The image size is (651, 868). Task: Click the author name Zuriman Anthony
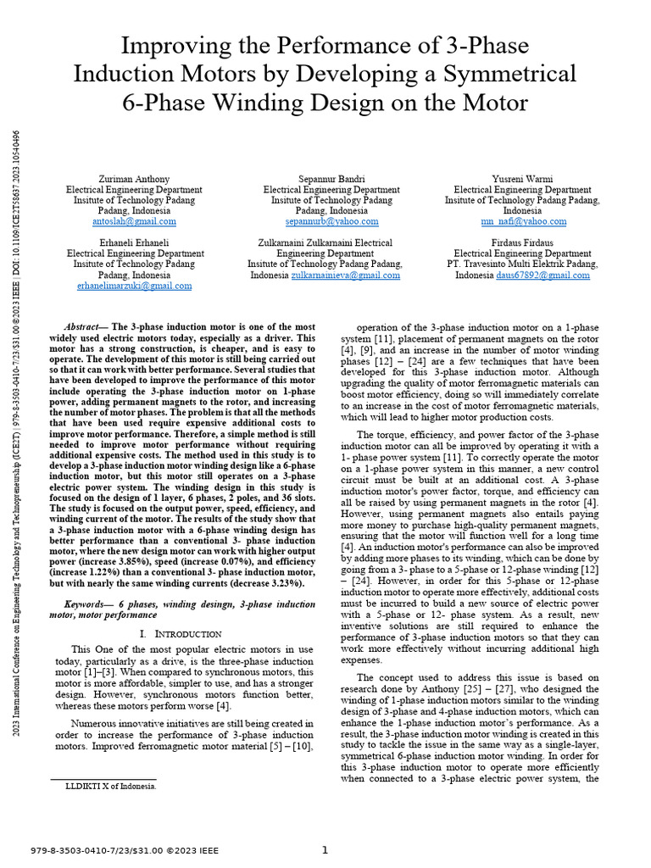[x=134, y=180]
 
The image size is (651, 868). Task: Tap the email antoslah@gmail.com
[x=134, y=221]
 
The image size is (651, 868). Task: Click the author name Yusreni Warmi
[x=522, y=180]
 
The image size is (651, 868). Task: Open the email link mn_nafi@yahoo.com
[x=522, y=221]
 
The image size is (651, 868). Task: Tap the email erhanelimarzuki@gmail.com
[x=134, y=287]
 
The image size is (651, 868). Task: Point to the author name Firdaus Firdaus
[x=522, y=242]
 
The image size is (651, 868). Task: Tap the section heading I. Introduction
[x=179, y=634]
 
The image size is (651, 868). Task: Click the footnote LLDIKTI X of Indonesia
[x=111, y=786]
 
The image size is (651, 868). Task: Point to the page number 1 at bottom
[x=325, y=850]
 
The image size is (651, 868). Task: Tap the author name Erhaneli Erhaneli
[x=134, y=242]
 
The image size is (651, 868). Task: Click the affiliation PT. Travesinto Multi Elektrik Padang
[x=522, y=264]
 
